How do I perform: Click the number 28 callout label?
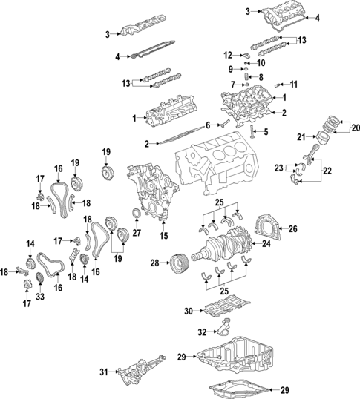(x=154, y=263)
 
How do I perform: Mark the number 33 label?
(x=40, y=297)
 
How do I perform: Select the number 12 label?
(x=229, y=54)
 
